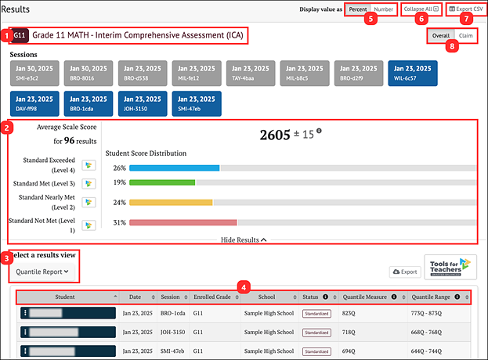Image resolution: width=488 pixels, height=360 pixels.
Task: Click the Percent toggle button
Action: click(x=357, y=9)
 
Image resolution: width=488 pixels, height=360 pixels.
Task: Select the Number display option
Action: click(x=383, y=9)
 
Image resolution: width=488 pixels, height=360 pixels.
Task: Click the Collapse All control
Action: click(x=421, y=9)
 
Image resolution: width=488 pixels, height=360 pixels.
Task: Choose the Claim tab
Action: click(x=466, y=36)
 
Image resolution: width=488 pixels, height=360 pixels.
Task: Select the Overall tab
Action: click(x=441, y=36)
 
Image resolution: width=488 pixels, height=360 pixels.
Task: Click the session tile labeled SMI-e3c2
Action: click(x=34, y=73)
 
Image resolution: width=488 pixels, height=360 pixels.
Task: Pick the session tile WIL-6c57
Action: click(x=412, y=73)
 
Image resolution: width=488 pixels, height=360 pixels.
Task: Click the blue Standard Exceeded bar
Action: click(x=175, y=168)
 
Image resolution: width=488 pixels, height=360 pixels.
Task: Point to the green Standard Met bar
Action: click(x=162, y=182)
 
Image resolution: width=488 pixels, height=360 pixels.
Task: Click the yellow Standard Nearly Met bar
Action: click(x=171, y=202)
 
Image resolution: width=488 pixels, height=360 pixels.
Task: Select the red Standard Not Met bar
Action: click(x=183, y=222)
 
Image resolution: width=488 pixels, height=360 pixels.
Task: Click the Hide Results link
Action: click(x=243, y=240)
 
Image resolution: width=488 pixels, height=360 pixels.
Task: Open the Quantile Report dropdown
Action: click(x=43, y=272)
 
